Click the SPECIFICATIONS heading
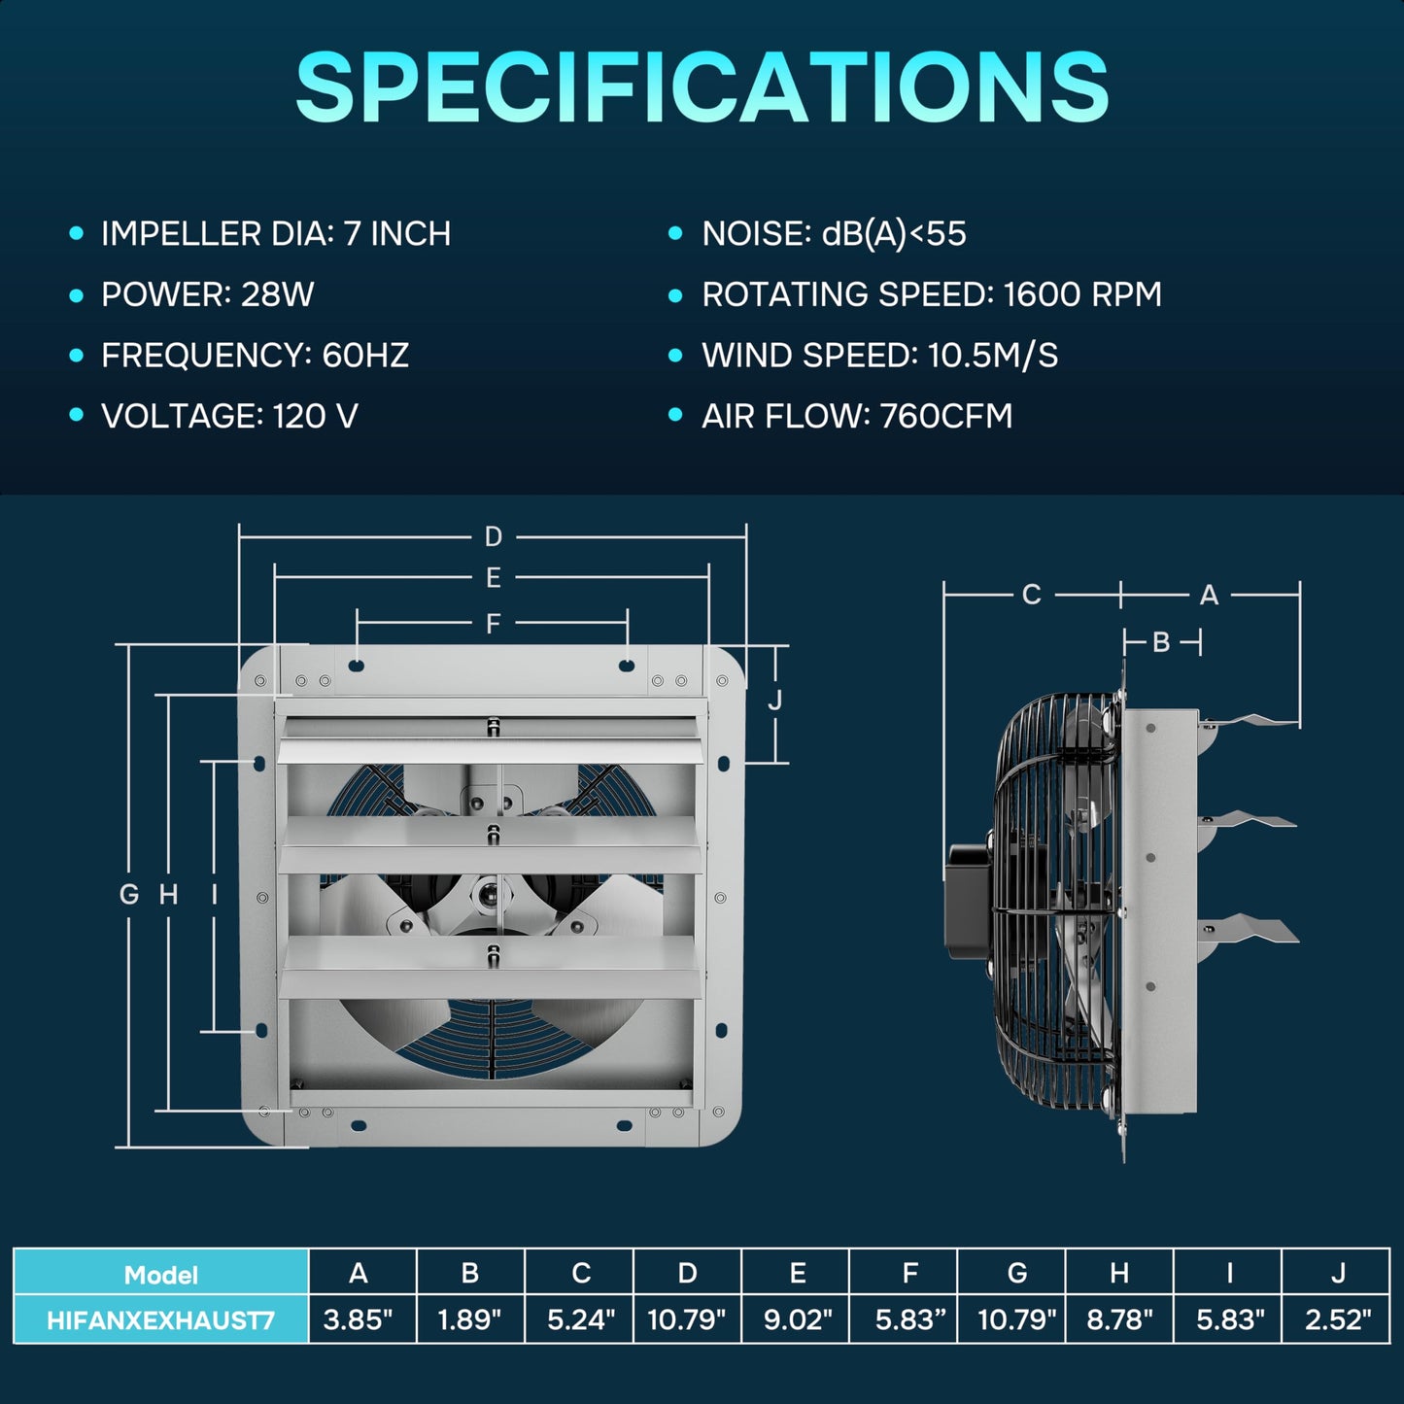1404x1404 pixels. (702, 87)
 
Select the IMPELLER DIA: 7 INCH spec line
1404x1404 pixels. (276, 234)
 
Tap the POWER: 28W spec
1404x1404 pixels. (207, 294)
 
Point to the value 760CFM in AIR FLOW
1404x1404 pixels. (945, 416)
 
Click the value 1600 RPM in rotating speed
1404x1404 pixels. (1081, 294)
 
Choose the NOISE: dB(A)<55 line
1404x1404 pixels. (834, 234)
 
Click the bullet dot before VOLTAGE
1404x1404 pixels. (77, 416)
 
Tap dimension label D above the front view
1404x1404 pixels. (494, 536)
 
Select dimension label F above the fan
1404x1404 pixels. (494, 623)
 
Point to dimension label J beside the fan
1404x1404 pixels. (774, 700)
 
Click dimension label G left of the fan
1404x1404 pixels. (128, 894)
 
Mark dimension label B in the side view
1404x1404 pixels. (1161, 642)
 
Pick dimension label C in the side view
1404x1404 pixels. (1032, 594)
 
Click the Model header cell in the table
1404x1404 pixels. (161, 1274)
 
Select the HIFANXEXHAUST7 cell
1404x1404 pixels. (161, 1320)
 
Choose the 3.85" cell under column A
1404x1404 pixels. (359, 1319)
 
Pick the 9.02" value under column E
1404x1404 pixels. (798, 1319)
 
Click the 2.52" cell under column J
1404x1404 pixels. (1338, 1319)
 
